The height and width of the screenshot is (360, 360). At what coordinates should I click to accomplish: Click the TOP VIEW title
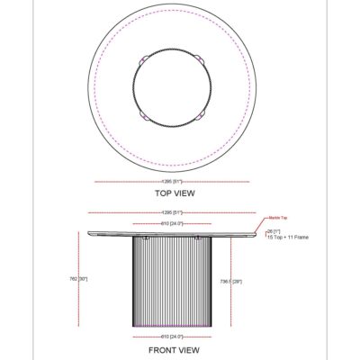[x=175, y=193]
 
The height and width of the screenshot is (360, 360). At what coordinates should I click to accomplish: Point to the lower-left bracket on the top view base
[x=144, y=116]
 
